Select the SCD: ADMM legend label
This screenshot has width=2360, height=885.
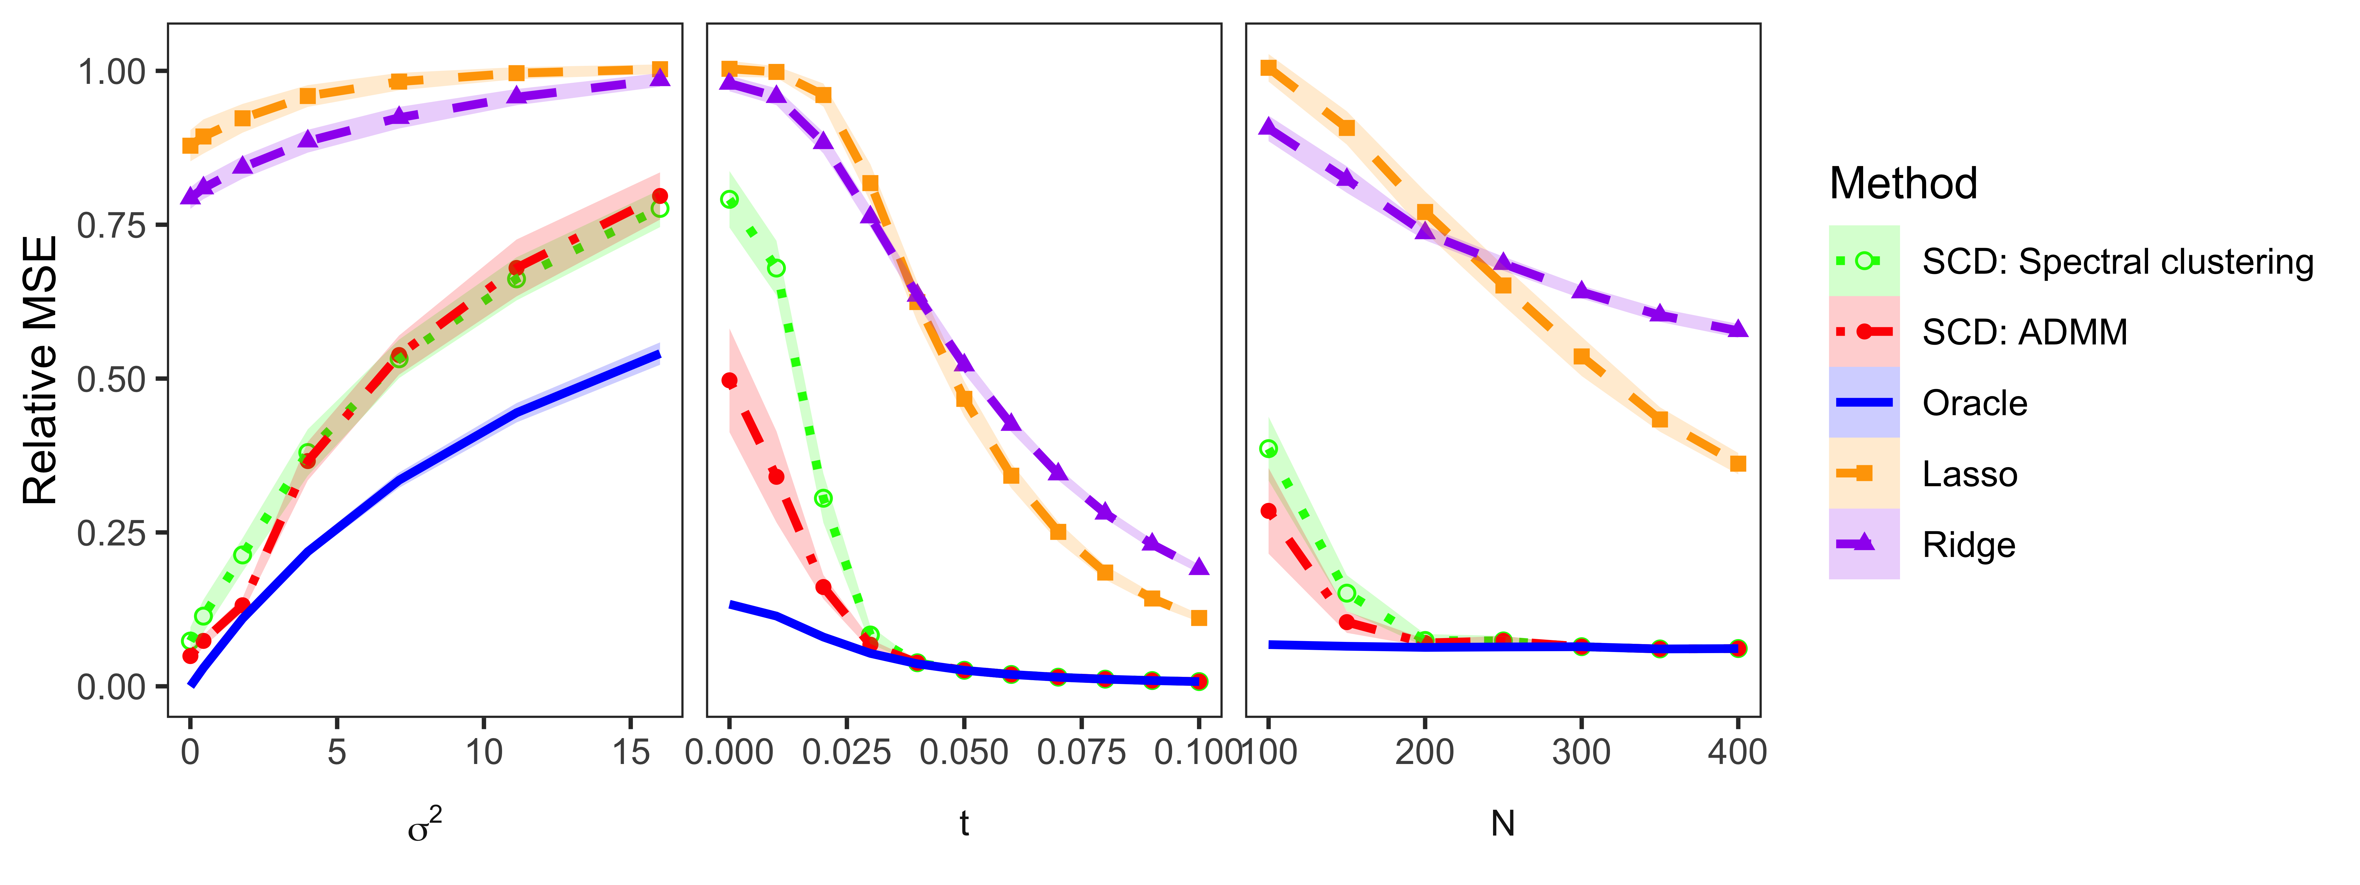[x=2025, y=332]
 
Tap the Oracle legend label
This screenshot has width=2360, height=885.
[x=1974, y=403]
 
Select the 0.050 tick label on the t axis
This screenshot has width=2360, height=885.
[x=964, y=753]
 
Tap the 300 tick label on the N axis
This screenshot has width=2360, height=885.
[x=1581, y=753]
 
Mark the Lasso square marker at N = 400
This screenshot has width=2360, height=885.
[x=1738, y=464]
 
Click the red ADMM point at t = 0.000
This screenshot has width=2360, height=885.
[x=729, y=380]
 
